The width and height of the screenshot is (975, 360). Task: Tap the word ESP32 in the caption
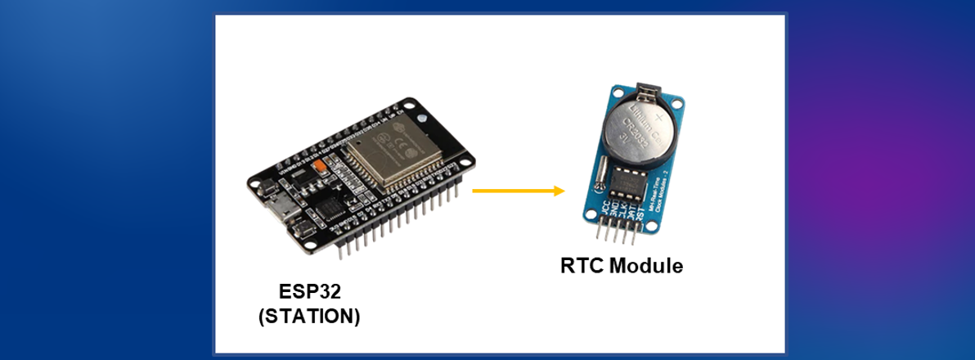tap(308, 291)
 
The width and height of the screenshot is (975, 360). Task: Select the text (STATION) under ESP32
tap(308, 316)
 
